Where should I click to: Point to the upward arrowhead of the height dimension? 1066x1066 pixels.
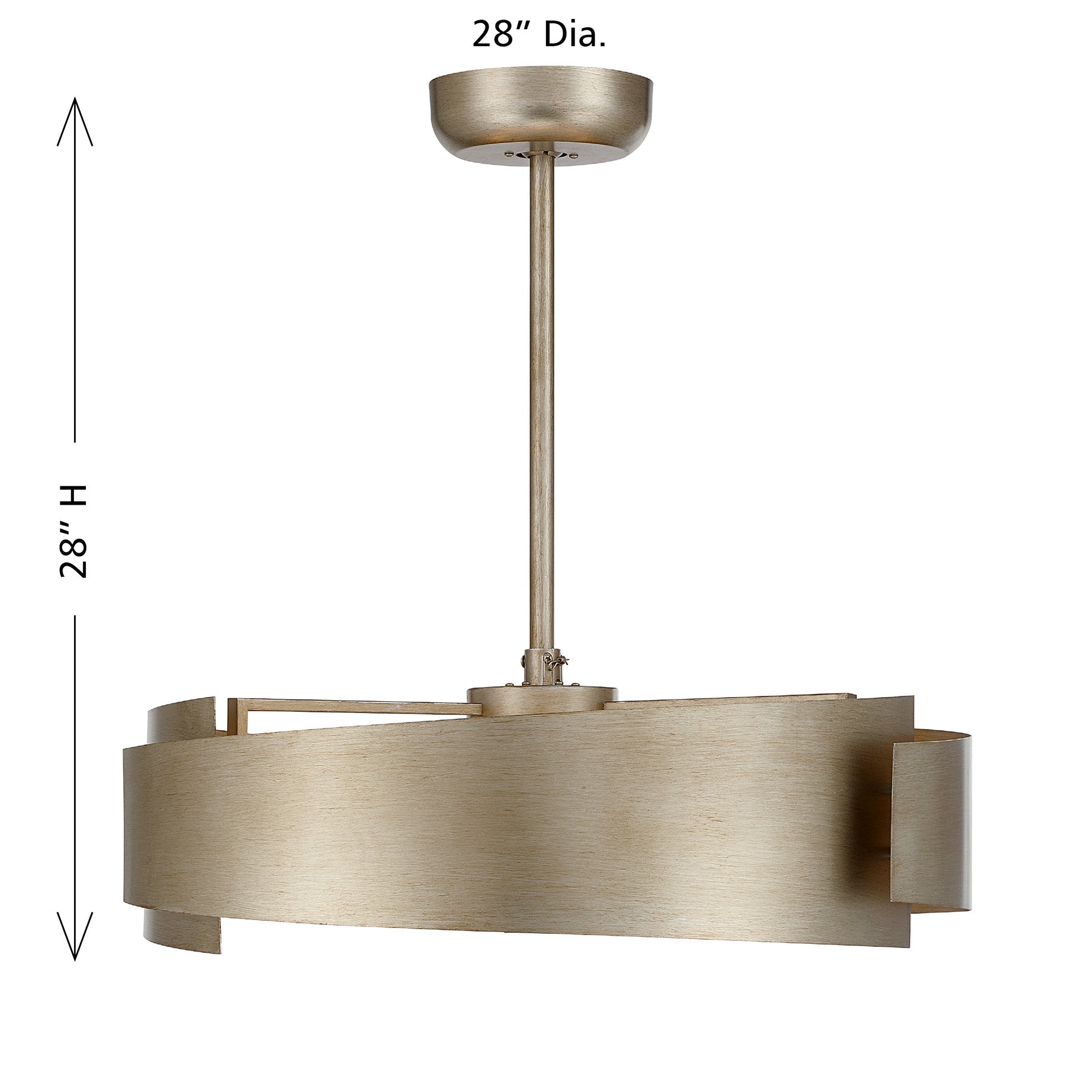point(75,121)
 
